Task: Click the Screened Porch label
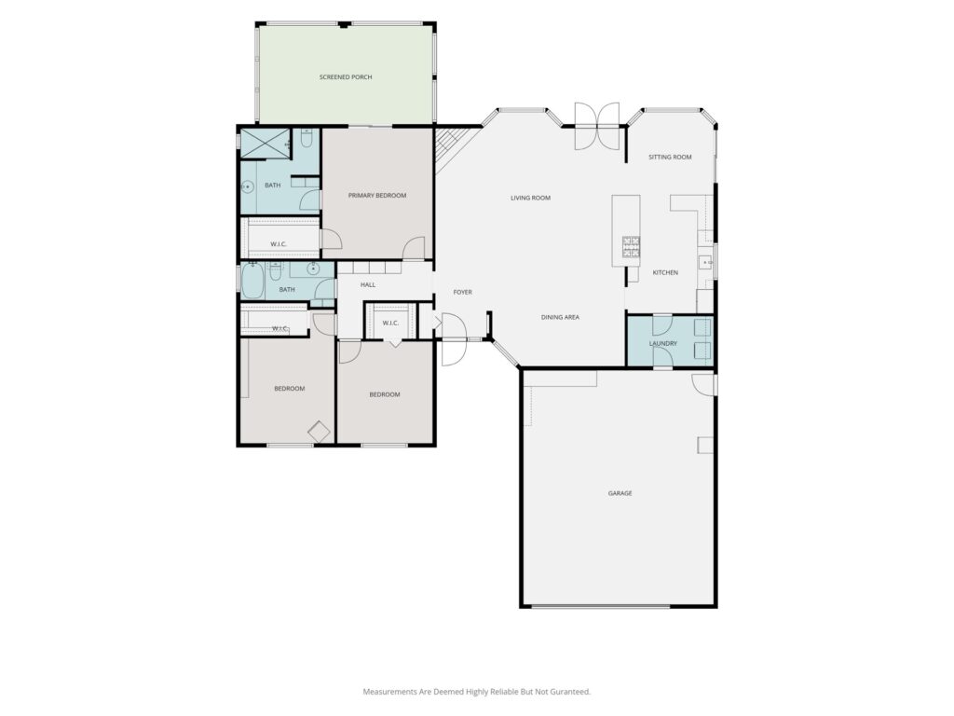pyautogui.click(x=346, y=77)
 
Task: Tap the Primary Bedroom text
pyautogui.click(x=377, y=196)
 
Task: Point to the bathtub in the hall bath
pyautogui.click(x=252, y=281)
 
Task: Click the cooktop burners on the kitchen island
pyautogui.click(x=631, y=246)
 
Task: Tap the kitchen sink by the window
pyautogui.click(x=707, y=262)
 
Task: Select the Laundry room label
pyautogui.click(x=662, y=343)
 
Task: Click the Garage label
pyautogui.click(x=620, y=493)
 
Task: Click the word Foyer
pyautogui.click(x=462, y=292)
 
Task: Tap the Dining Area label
pyautogui.click(x=560, y=317)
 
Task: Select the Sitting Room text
pyautogui.click(x=670, y=157)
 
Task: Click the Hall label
pyautogui.click(x=368, y=284)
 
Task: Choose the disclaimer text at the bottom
pyautogui.click(x=477, y=692)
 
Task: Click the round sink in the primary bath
pyautogui.click(x=248, y=186)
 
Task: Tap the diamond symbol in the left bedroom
pyautogui.click(x=319, y=432)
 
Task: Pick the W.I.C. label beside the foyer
pyautogui.click(x=390, y=323)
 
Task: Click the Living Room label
pyautogui.click(x=530, y=198)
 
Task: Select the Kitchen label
pyautogui.click(x=665, y=273)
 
